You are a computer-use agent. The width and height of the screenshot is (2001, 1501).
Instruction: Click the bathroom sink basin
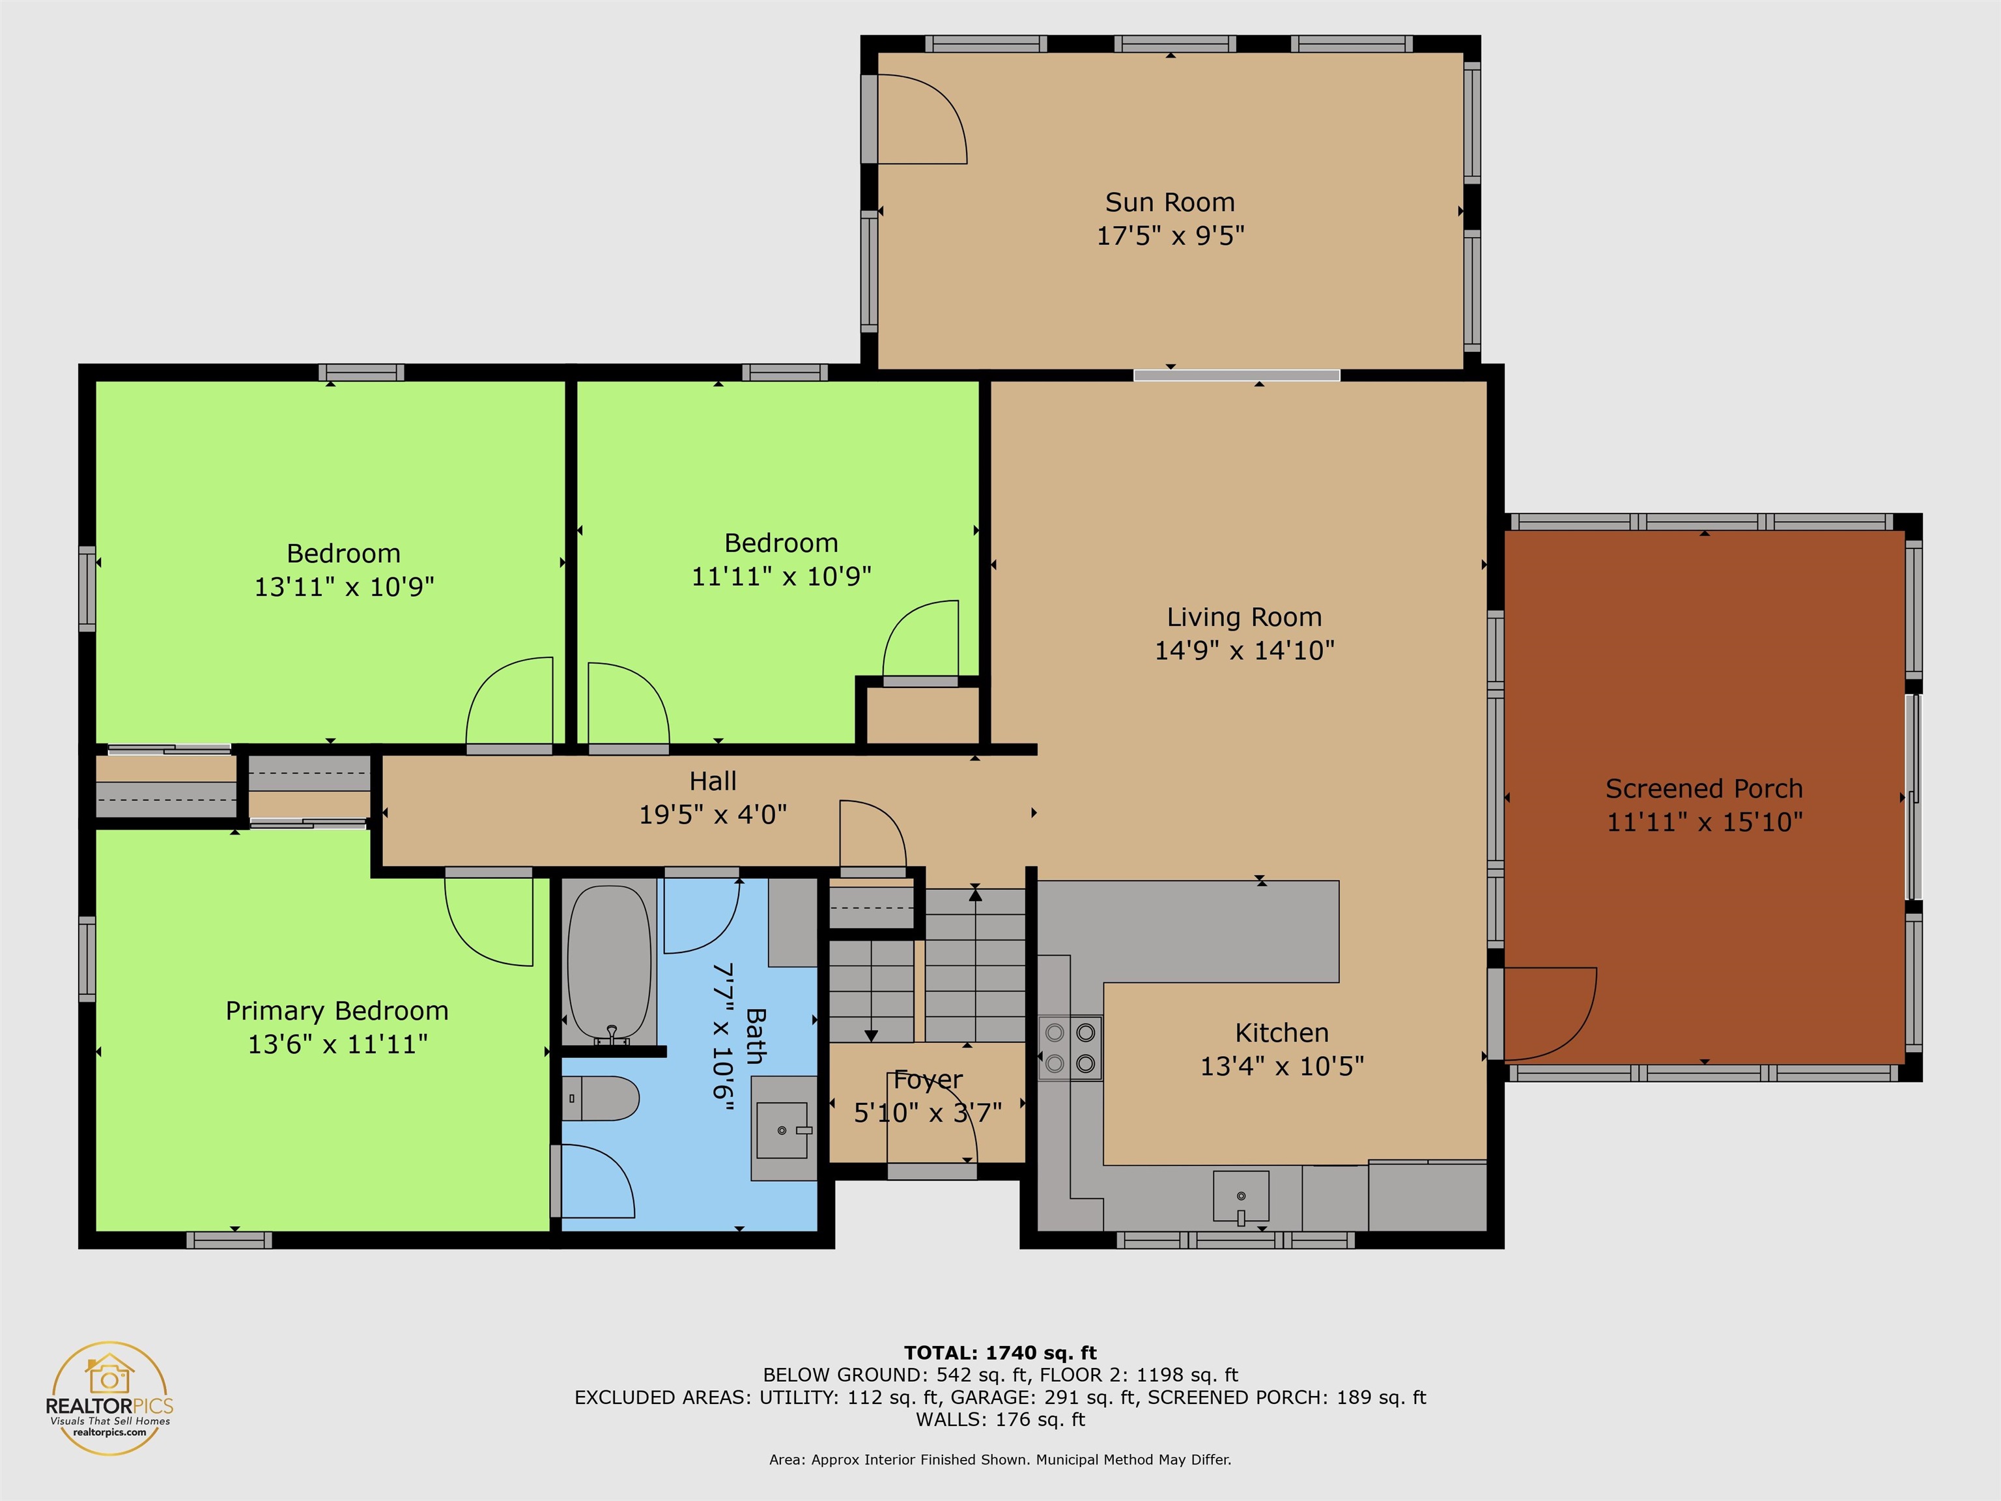click(782, 1130)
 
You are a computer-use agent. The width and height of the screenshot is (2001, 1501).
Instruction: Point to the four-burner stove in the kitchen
click(1070, 1048)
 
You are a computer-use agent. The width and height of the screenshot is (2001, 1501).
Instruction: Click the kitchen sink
click(1241, 1197)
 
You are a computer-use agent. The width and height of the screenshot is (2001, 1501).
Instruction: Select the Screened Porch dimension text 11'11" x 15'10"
click(1704, 822)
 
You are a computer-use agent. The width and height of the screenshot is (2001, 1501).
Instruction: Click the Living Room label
click(1244, 617)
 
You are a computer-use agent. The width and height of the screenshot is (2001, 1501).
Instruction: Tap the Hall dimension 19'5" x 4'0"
click(713, 815)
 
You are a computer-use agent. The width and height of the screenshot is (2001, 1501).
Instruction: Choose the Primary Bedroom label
click(337, 1010)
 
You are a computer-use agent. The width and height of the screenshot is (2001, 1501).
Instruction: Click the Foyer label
click(928, 1079)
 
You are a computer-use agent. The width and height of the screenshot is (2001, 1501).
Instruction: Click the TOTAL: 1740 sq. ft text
click(1000, 1352)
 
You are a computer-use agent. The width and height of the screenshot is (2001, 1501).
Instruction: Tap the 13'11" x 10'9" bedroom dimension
click(344, 587)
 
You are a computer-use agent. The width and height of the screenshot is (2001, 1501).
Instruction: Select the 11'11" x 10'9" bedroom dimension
click(781, 577)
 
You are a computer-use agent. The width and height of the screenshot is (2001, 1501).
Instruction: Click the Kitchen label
click(1281, 1033)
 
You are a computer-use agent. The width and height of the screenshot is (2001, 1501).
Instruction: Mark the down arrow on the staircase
click(871, 1033)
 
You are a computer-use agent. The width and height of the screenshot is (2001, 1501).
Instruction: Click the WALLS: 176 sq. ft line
click(1000, 1420)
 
